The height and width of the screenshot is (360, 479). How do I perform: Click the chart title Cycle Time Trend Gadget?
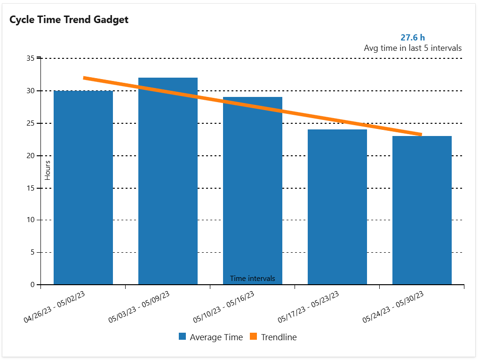pos(69,20)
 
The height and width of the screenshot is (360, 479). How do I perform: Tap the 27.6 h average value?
pos(412,38)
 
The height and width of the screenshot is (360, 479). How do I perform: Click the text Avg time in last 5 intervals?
pos(412,48)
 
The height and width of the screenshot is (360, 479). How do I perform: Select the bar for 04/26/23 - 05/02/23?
pos(83,188)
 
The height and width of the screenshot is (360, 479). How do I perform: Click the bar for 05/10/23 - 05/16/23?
pos(253,188)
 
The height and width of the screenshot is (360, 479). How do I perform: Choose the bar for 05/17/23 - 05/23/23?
pos(337,207)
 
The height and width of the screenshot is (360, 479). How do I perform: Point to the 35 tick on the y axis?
pos(31,58)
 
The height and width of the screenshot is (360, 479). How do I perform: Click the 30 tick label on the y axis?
pos(31,91)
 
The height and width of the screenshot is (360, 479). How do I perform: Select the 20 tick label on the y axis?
pos(31,156)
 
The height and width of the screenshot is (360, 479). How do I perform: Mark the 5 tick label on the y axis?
pos(32,253)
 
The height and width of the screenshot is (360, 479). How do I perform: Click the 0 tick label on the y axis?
pos(32,285)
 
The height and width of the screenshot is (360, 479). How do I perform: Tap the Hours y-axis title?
pos(48,170)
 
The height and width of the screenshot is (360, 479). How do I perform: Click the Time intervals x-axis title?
pos(252,279)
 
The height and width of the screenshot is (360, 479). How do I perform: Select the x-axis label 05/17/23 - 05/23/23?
pos(309,306)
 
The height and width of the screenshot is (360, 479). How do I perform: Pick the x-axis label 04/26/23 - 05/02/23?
pos(55,306)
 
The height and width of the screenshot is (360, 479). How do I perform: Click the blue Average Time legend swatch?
pos(183,337)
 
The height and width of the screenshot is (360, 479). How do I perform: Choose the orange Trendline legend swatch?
pos(254,337)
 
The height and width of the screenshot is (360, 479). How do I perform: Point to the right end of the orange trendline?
pos(421,135)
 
